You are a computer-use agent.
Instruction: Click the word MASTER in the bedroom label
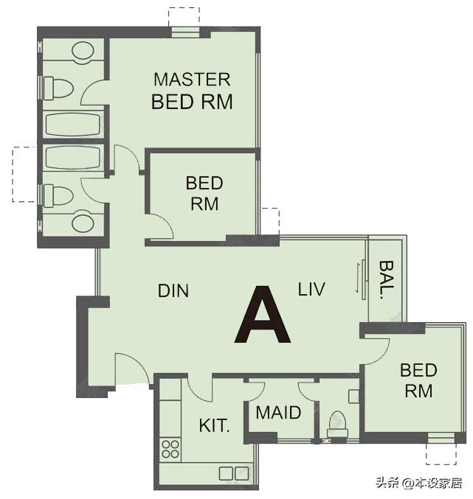[x=192, y=80]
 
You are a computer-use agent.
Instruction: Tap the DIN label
[x=173, y=290]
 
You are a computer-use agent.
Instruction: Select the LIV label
[x=311, y=289]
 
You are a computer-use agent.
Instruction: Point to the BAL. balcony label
[x=387, y=279]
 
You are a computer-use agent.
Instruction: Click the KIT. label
[x=214, y=425]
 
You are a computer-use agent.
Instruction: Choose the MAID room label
[x=278, y=413]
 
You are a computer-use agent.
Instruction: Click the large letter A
[x=263, y=315]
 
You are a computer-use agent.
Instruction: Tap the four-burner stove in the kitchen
[x=170, y=449]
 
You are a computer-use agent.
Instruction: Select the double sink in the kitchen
[x=234, y=473]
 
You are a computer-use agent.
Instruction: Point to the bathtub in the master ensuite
[x=73, y=124]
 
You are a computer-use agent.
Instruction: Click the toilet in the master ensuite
[x=58, y=88]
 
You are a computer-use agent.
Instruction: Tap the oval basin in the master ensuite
[x=83, y=51]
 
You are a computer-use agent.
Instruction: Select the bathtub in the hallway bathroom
[x=73, y=158]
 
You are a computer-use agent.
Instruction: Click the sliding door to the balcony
[x=363, y=279]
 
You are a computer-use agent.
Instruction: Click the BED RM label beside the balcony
[x=418, y=380]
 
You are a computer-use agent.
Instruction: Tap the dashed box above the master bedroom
[x=184, y=16]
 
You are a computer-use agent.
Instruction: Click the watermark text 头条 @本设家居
[x=419, y=483]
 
